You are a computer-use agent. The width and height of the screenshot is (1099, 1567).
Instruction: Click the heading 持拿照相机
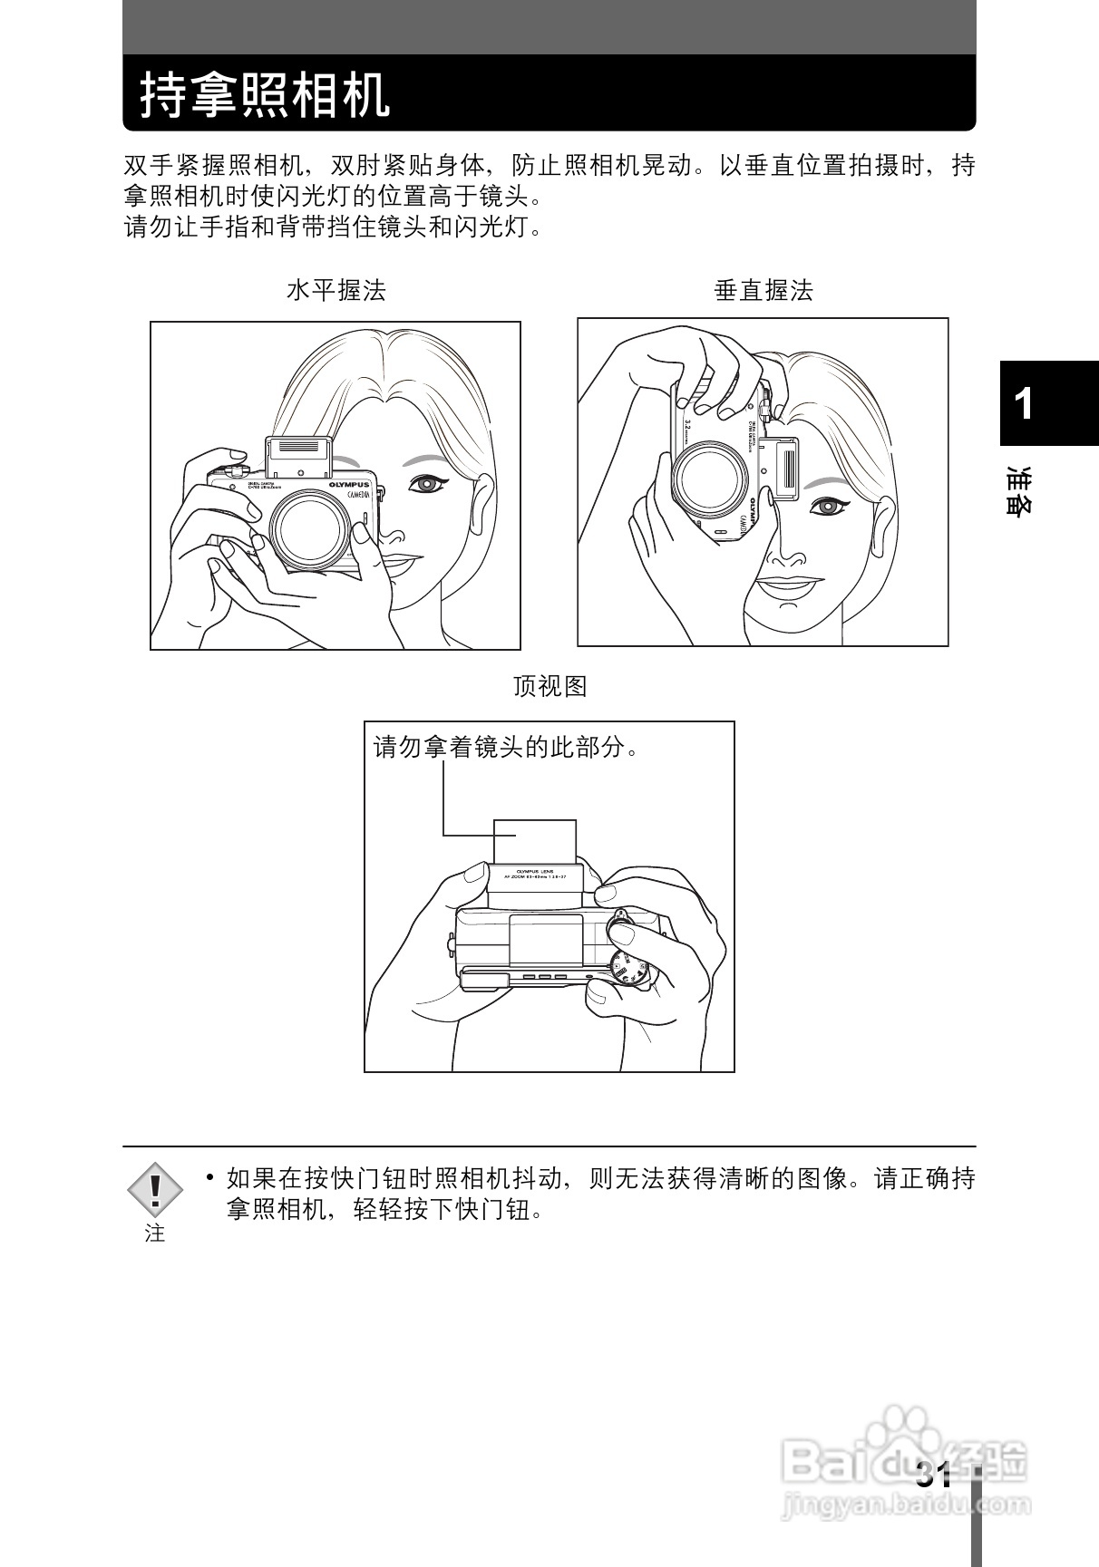click(x=265, y=94)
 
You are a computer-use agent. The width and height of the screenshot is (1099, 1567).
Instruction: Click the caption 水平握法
click(x=336, y=291)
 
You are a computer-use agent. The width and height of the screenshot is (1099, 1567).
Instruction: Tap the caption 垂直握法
click(x=763, y=291)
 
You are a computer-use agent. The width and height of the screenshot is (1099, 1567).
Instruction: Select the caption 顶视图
click(x=549, y=686)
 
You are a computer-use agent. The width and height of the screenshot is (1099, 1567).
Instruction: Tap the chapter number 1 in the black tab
click(x=1024, y=403)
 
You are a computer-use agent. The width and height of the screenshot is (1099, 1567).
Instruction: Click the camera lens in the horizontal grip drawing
click(x=308, y=537)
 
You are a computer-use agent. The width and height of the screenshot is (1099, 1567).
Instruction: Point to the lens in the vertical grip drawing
click(x=710, y=482)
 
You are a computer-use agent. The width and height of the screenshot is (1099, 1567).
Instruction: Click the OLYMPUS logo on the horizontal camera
click(x=349, y=487)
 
